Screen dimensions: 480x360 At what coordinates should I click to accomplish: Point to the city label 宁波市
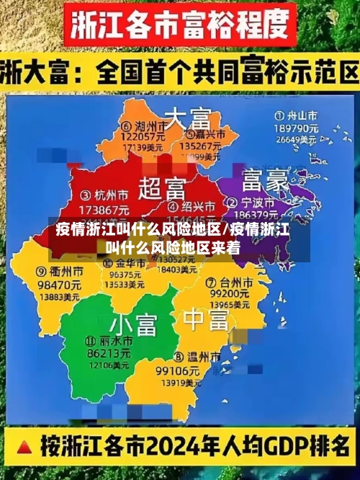pyautogui.click(x=262, y=201)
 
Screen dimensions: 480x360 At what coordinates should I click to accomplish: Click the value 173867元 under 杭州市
pyautogui.click(x=104, y=208)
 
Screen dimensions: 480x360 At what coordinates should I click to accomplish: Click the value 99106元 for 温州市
pyautogui.click(x=177, y=370)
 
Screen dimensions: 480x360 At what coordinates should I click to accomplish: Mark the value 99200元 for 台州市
pyautogui.click(x=229, y=294)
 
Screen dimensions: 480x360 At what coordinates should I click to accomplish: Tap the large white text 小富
pyautogui.click(x=133, y=323)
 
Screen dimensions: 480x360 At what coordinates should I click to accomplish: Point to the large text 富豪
pyautogui.click(x=265, y=178)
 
